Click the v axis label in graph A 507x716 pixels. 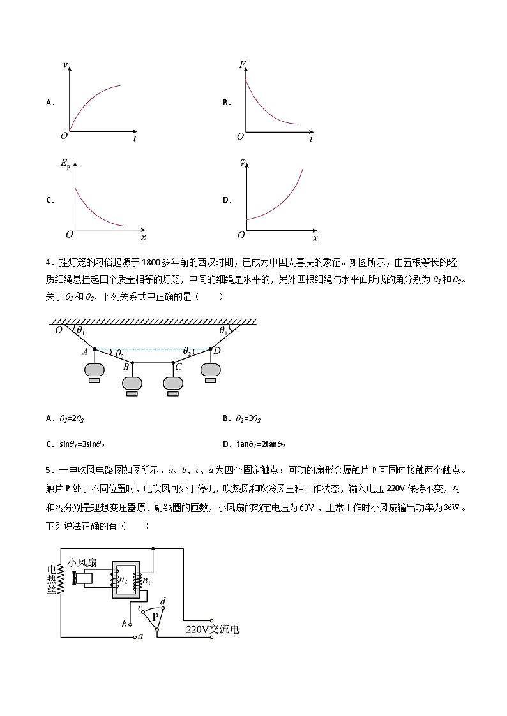pyautogui.click(x=66, y=66)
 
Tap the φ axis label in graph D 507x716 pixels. pyautogui.click(x=243, y=161)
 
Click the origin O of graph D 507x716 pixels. pyautogui.click(x=241, y=235)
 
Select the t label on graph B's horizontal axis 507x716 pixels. pyautogui.click(x=310, y=138)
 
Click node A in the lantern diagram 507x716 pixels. pyautogui.click(x=95, y=349)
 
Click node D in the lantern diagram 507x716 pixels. pyautogui.click(x=211, y=349)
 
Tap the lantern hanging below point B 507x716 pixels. pyautogui.click(x=133, y=383)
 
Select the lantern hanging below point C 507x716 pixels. pyautogui.click(x=173, y=383)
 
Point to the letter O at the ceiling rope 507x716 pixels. pyautogui.click(x=59, y=330)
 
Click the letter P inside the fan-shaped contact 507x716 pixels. pyautogui.click(x=155, y=617)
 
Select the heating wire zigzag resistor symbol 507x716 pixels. pyautogui.click(x=63, y=578)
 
